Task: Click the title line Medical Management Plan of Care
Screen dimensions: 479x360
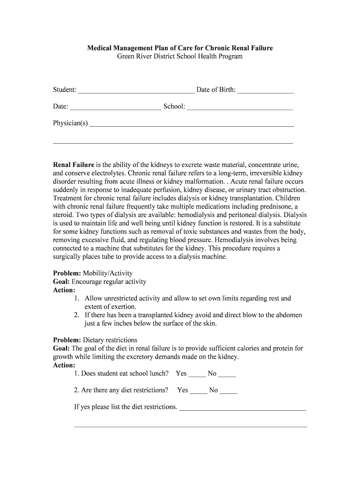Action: click(x=180, y=48)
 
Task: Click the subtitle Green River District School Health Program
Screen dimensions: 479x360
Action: click(x=180, y=56)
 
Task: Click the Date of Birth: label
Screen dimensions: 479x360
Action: click(x=216, y=90)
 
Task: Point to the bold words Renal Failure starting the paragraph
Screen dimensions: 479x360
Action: click(x=73, y=165)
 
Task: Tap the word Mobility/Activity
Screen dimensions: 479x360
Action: click(x=108, y=273)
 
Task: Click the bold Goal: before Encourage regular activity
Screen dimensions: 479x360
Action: click(x=61, y=282)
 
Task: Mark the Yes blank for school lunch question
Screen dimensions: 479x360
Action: click(x=197, y=375)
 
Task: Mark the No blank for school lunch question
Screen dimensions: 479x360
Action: click(x=227, y=375)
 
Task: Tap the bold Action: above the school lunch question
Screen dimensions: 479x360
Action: click(x=64, y=365)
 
